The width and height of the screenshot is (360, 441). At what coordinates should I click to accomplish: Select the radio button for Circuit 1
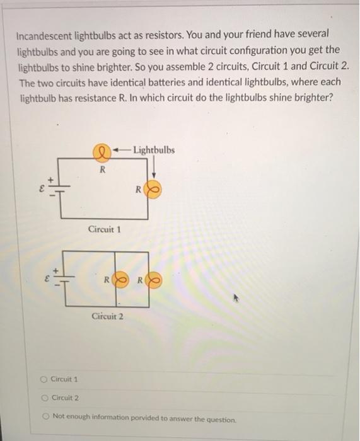(43, 379)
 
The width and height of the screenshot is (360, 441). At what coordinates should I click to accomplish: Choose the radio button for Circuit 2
(43, 398)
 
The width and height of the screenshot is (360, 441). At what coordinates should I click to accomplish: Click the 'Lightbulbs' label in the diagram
(154, 150)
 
